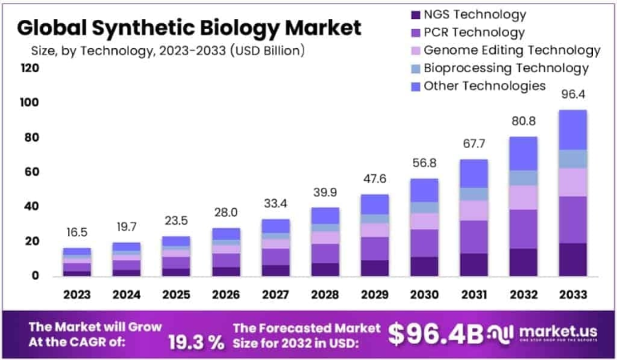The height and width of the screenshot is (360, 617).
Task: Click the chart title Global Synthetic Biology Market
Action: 189,28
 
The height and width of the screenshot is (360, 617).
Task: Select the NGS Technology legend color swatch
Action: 414,15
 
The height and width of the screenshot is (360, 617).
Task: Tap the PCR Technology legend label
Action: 474,33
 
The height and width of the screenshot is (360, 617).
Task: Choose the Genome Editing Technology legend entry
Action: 511,50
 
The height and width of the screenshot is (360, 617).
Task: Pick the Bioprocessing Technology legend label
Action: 506,68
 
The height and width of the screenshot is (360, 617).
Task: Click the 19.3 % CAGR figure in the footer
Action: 196,342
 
